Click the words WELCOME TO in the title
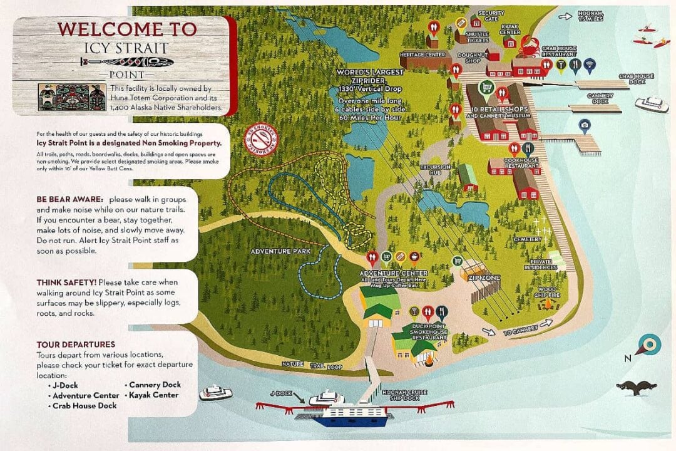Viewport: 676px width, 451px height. click(x=127, y=29)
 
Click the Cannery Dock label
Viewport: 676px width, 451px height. click(x=600, y=98)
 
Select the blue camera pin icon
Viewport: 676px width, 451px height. click(x=584, y=126)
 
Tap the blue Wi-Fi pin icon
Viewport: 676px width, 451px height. click(x=589, y=64)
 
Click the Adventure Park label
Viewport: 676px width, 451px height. click(x=272, y=252)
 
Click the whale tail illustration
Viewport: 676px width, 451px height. click(x=636, y=388)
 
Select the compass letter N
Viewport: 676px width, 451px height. click(x=628, y=359)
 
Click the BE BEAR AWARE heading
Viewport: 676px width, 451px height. click(x=66, y=199)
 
